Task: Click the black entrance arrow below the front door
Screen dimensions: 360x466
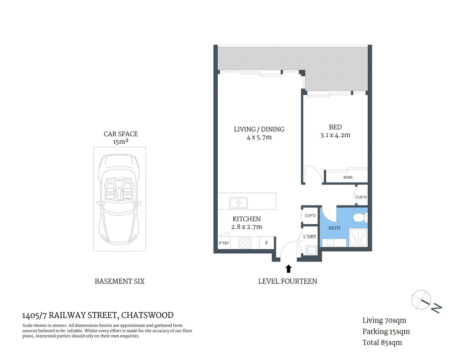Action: click(x=288, y=268)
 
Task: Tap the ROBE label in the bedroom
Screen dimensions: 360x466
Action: click(x=348, y=177)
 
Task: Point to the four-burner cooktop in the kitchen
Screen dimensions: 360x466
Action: click(x=245, y=243)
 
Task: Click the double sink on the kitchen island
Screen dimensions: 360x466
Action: click(x=238, y=203)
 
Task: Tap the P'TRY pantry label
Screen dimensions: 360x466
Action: click(x=224, y=243)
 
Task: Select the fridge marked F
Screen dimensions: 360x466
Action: click(x=267, y=243)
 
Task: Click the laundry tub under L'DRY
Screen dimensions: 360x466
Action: click(x=311, y=250)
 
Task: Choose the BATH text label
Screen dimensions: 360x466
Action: click(x=334, y=228)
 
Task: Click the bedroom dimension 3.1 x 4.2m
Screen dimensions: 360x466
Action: click(x=335, y=135)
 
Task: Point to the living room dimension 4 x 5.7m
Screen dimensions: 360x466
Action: click(x=259, y=138)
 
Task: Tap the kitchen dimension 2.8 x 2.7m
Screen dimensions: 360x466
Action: click(x=247, y=227)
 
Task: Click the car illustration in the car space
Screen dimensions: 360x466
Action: click(x=119, y=199)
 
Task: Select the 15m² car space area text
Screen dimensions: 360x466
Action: click(x=120, y=142)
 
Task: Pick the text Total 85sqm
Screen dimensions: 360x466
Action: click(x=382, y=342)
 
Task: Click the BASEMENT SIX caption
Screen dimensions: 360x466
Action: click(x=119, y=281)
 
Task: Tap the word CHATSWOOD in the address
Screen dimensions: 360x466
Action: click(x=147, y=315)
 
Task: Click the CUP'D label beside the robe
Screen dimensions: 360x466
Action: click(x=361, y=197)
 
